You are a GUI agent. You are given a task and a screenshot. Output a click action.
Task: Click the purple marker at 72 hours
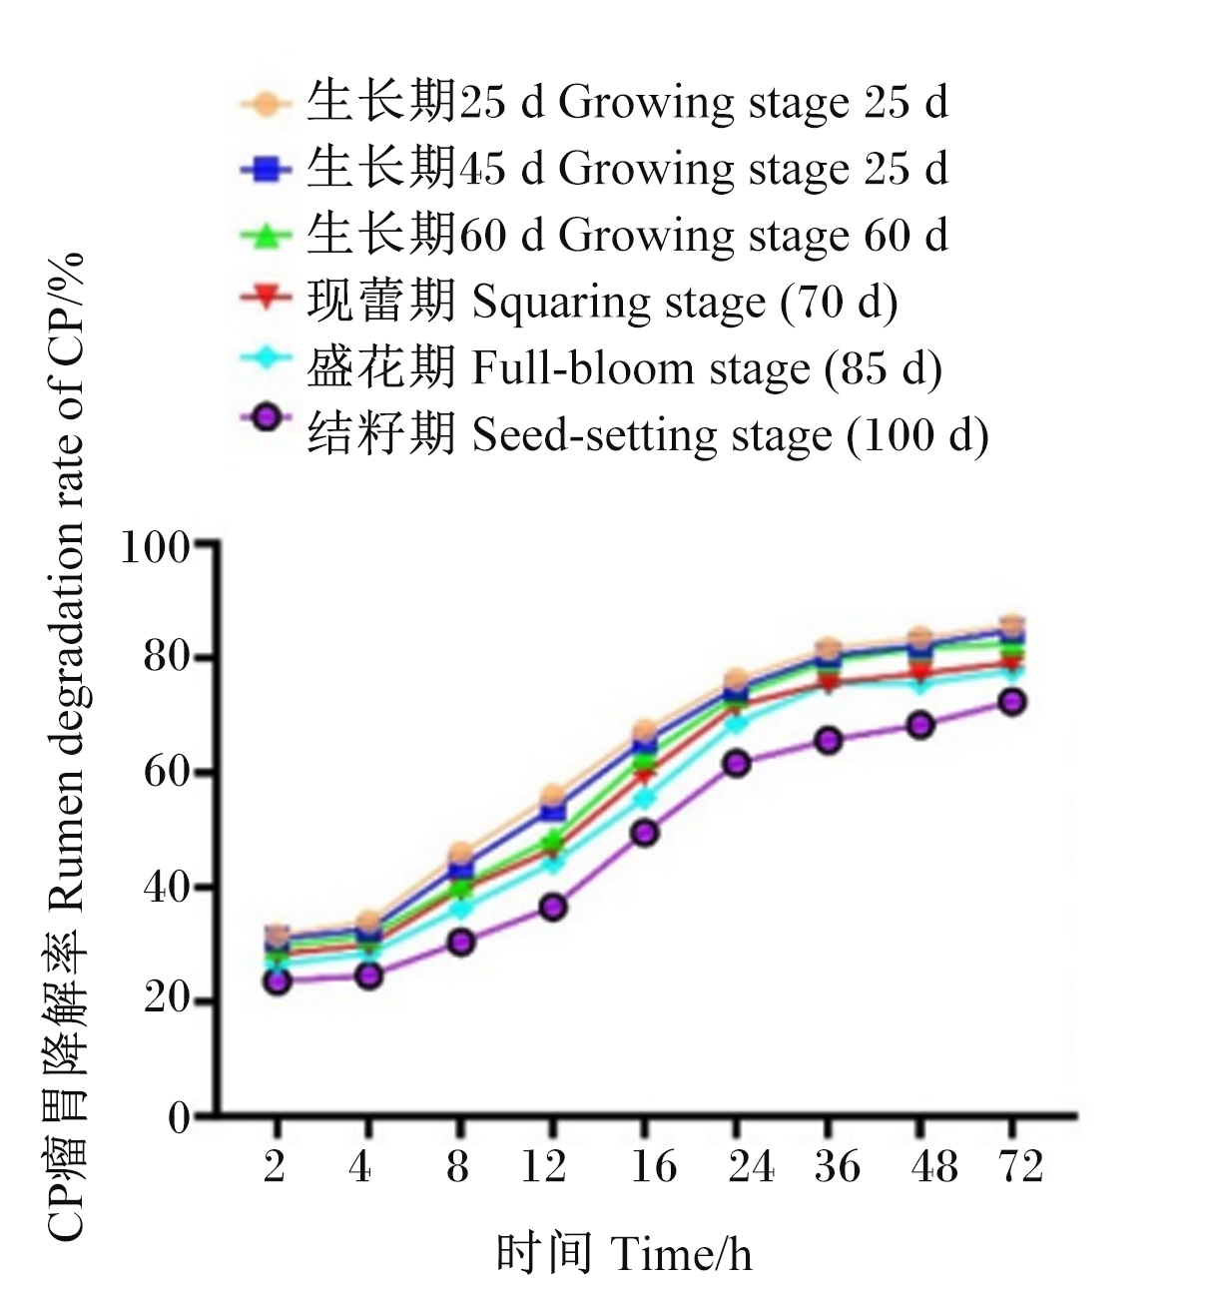[1012, 702]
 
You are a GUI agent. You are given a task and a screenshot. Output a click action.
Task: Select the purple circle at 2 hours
[277, 981]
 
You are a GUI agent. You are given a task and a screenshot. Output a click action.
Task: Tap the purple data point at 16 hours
[645, 834]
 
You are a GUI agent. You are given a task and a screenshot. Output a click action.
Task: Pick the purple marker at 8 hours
[461, 943]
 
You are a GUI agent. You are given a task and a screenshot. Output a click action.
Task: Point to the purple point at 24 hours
[736, 764]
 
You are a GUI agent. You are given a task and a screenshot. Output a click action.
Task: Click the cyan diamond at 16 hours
[645, 798]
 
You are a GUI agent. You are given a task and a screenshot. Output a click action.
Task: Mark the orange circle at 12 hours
[553, 796]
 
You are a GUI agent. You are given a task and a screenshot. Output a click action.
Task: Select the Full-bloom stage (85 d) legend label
[624, 367]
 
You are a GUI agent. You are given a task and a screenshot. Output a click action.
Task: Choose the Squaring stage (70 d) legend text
[602, 302]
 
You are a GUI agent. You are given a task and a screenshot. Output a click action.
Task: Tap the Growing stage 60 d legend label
[627, 235]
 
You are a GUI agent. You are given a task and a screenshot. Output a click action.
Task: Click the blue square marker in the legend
[266, 170]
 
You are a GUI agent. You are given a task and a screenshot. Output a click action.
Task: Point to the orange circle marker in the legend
[266, 104]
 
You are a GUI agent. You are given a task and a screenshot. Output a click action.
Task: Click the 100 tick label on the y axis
[156, 547]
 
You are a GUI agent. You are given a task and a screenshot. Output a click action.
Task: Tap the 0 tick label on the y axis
[179, 1118]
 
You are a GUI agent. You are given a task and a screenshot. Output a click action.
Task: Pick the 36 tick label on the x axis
[837, 1166]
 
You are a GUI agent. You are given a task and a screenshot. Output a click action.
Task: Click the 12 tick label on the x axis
[543, 1166]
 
